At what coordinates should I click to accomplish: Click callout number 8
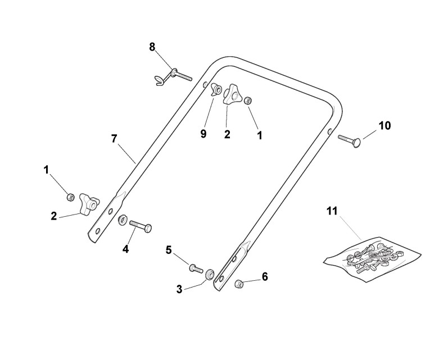pos(152,47)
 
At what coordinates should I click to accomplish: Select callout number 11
pos(332,211)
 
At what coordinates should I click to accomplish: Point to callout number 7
pos(114,139)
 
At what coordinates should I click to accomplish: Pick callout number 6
pos(265,276)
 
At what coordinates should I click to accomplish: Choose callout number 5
pos(169,250)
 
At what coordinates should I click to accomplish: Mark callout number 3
pos(179,290)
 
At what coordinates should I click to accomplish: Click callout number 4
pos(125,248)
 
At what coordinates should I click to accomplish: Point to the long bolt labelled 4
pos(141,226)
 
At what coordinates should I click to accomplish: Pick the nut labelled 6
pos(238,284)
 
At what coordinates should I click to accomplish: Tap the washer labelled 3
pos(210,275)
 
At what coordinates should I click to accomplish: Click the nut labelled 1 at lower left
pos(71,197)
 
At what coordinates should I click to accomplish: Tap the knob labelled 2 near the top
pos(231,95)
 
